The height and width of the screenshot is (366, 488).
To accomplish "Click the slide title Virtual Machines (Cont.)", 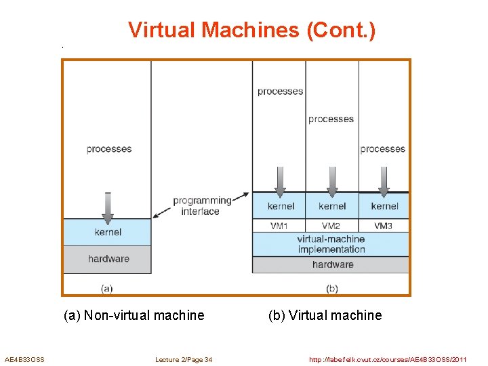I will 251,30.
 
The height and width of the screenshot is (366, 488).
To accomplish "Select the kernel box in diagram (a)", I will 107,232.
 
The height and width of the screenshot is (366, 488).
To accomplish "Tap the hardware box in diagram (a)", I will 107,258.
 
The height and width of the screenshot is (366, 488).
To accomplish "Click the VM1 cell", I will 279,226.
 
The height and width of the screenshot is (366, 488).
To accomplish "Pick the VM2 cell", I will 331,226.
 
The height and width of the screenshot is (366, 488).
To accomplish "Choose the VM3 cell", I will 383,226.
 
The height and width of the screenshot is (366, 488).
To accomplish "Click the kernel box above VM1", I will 280,206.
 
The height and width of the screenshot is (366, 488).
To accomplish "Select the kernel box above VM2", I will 331,206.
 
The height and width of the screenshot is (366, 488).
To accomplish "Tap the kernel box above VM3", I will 384,206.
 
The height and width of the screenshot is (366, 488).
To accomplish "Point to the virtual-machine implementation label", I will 331,244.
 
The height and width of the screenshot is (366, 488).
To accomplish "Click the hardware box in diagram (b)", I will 332,264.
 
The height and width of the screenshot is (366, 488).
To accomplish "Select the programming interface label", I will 201,206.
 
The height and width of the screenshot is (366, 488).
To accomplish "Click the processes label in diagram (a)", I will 108,149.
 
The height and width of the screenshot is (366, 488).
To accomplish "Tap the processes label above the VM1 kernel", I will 280,91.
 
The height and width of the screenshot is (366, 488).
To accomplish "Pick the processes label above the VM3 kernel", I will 382,149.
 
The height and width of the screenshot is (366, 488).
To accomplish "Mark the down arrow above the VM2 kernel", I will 331,181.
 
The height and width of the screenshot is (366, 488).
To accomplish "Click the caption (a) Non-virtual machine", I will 134,315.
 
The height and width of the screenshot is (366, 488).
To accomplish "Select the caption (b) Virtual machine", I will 325,315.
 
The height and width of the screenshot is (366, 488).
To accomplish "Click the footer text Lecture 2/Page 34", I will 183,359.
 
